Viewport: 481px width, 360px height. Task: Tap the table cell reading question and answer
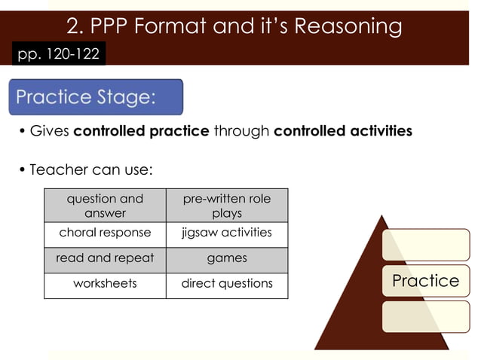click(x=105, y=206)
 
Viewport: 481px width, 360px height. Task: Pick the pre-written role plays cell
click(x=227, y=206)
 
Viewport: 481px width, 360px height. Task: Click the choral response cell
click(x=105, y=233)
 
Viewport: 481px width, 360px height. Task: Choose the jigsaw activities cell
click(x=227, y=233)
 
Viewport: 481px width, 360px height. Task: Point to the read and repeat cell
click(x=105, y=258)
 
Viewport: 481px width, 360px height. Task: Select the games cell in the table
click(x=227, y=258)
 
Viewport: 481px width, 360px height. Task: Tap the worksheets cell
click(x=105, y=284)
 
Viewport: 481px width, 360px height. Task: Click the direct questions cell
click(x=227, y=284)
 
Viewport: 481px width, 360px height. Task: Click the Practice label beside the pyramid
click(x=425, y=281)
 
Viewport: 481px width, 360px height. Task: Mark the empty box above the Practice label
click(x=425, y=245)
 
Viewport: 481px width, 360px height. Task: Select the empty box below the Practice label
click(x=425, y=316)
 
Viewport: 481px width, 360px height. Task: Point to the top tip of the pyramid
click(x=382, y=217)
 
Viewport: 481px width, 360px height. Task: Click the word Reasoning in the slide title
click(x=348, y=26)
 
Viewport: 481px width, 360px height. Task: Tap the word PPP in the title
click(x=111, y=26)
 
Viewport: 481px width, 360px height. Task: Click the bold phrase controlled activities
click(x=343, y=131)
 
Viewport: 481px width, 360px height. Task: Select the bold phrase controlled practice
click(x=141, y=131)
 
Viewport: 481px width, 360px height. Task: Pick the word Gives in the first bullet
click(x=50, y=131)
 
